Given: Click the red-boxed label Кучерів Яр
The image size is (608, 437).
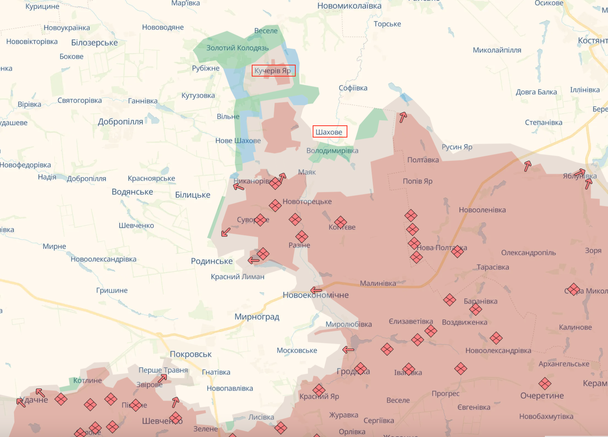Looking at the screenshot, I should coord(273,71).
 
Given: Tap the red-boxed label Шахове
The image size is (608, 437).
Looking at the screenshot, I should coord(329,132).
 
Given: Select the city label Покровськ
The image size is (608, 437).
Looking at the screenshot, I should coord(190,354).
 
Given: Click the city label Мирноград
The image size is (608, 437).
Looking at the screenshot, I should coord(257,317).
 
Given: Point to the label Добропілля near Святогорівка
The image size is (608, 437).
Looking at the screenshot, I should coord(120,122).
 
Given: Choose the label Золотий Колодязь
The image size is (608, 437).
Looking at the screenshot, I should coord(237,48).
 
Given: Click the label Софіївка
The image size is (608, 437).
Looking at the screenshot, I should coord(353,88).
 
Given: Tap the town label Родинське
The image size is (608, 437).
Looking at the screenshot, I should coord(212,261).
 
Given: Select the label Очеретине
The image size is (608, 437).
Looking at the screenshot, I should coord(542,396).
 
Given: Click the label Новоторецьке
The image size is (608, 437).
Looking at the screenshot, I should coord(307,201).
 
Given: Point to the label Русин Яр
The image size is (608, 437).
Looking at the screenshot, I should coord(457,147).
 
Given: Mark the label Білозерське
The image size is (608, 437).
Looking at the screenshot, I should coord(95,43).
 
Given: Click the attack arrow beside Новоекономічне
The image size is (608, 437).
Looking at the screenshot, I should coord(316,290).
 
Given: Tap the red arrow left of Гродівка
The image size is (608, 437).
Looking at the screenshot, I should coord(348,349).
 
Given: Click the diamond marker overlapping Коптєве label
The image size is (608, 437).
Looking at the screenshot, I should coord(340,223).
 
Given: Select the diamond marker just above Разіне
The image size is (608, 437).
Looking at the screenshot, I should coord(302,237).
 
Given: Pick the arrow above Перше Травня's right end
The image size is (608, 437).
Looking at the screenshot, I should coord(162,378).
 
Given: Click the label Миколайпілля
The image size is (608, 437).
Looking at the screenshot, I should coord(497,50).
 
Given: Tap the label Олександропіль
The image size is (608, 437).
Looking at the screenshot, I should coord(528,253).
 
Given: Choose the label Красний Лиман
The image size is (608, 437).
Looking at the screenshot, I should coord(237,277).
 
